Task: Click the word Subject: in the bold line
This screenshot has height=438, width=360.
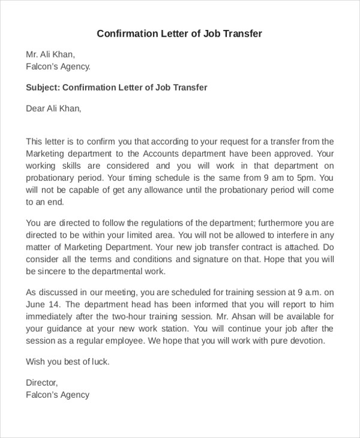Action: coord(43,88)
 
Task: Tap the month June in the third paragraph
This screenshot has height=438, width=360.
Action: coord(37,304)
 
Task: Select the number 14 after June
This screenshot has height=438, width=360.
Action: coord(55,304)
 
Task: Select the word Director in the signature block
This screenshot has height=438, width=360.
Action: coord(41,383)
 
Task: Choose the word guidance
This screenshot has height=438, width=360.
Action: coord(65,329)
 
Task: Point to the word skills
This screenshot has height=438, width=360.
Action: coord(75,166)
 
